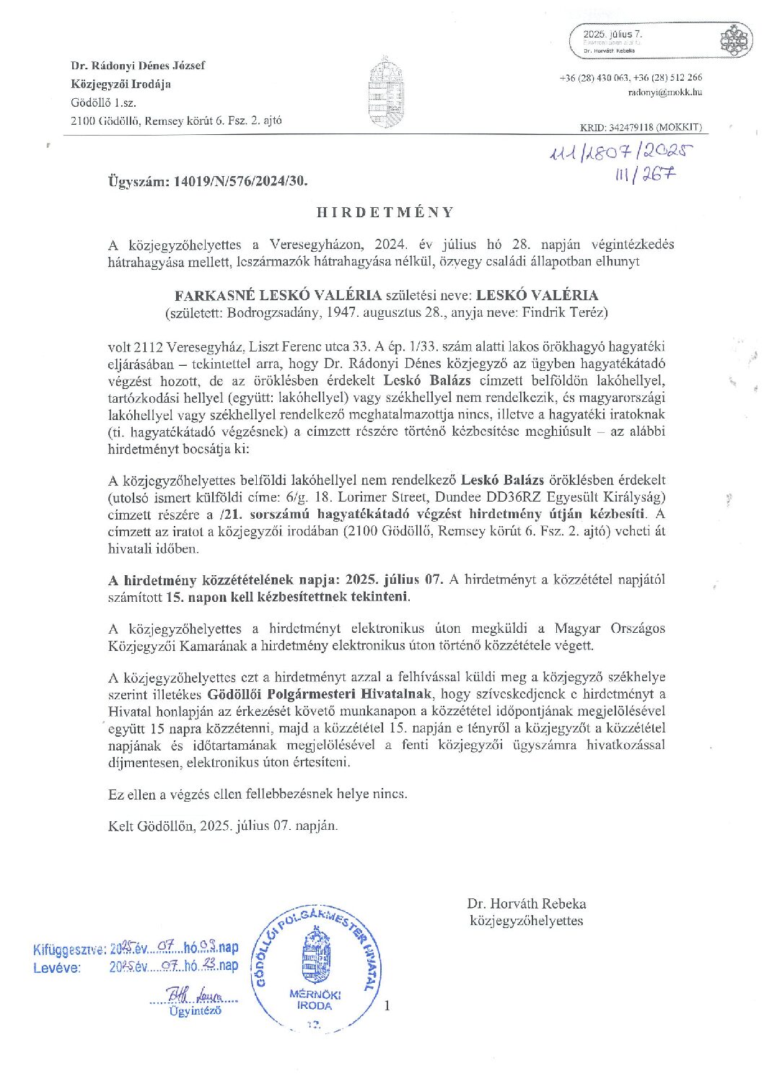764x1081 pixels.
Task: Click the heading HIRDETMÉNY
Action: point(386,212)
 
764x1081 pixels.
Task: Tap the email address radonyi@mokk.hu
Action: point(665,92)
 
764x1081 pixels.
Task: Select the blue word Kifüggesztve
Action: point(69,950)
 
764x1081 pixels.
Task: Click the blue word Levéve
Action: point(57,968)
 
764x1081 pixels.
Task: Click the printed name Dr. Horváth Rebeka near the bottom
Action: point(526,903)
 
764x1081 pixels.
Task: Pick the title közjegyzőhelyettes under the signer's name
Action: point(526,921)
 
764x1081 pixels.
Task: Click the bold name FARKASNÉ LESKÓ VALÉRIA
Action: point(278,295)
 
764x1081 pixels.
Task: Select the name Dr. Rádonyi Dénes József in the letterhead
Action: point(138,66)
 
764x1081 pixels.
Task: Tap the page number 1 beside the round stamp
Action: point(387,1005)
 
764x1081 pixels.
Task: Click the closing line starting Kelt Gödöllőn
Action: point(223,826)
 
